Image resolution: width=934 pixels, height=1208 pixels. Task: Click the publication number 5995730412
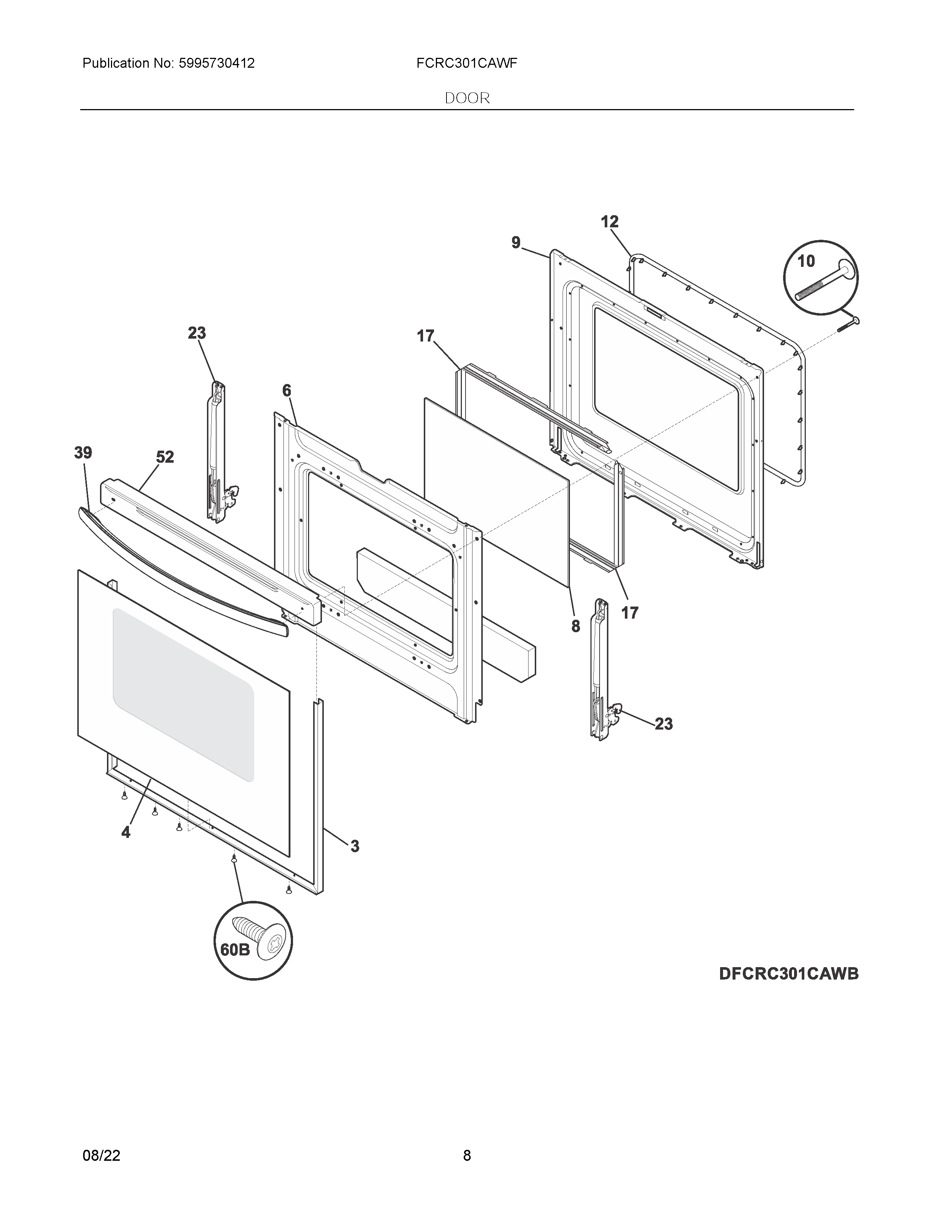pyautogui.click(x=216, y=64)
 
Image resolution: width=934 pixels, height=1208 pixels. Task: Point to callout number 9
pyautogui.click(x=516, y=242)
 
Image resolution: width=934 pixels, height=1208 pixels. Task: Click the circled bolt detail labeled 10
pyautogui.click(x=820, y=277)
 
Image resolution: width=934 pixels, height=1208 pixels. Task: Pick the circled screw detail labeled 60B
pyautogui.click(x=253, y=940)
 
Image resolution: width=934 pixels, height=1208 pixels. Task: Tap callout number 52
pyautogui.click(x=164, y=457)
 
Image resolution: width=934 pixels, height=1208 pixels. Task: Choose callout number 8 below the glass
pyautogui.click(x=575, y=626)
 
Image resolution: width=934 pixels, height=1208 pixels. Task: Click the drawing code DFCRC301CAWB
pyautogui.click(x=789, y=973)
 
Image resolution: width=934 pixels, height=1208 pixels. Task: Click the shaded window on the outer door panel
pyautogui.click(x=183, y=694)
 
